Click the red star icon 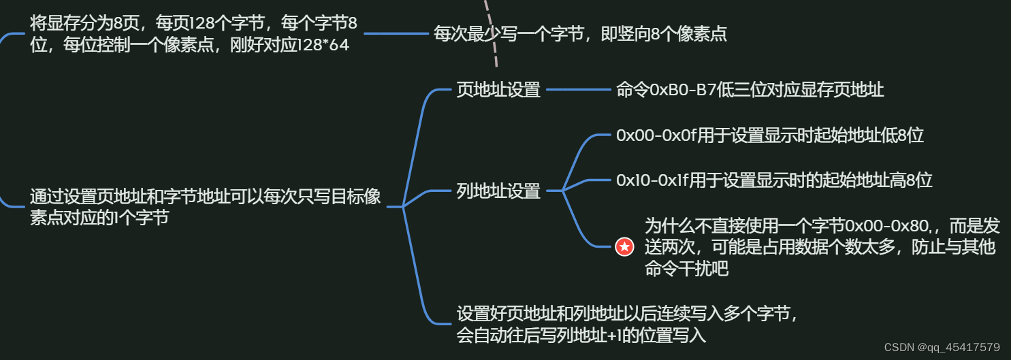point(624,247)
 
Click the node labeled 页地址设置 point(498,90)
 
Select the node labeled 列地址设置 point(498,191)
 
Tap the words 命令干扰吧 point(686,269)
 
